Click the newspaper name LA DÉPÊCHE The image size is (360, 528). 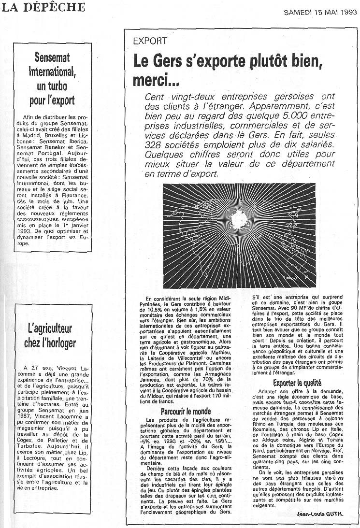click(43, 7)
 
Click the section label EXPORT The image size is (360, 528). click(150, 42)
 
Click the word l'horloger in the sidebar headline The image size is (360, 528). click(58, 343)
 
